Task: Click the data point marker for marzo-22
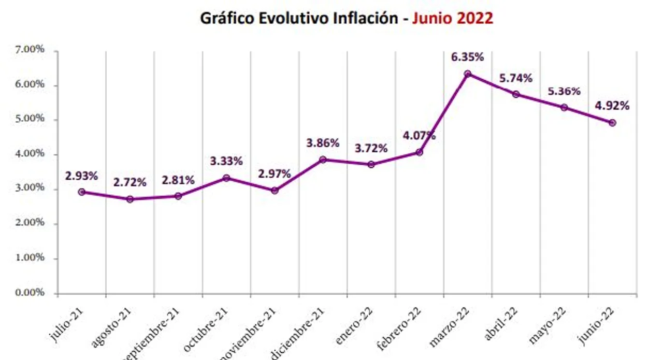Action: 467,74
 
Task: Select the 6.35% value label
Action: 467,56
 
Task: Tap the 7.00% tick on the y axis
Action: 31,50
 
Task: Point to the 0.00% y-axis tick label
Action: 31,293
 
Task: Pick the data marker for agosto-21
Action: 130,199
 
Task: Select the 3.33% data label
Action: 226,161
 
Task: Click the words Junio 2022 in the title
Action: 452,18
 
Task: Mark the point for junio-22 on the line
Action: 612,123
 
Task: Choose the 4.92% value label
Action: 612,106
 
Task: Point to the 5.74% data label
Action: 515,78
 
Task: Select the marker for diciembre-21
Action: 323,160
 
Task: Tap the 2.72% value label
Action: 130,182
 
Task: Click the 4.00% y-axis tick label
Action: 31,154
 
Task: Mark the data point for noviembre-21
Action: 275,191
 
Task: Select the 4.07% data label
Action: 419,136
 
